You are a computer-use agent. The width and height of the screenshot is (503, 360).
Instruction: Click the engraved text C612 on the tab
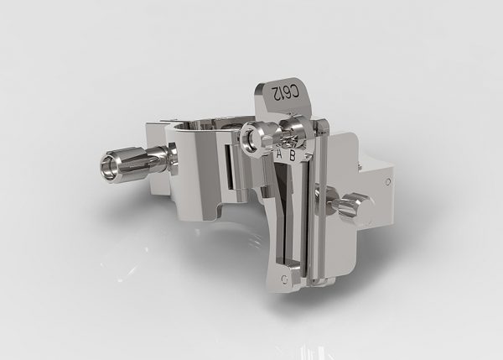point(285,92)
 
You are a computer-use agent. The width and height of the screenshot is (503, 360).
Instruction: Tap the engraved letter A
point(279,154)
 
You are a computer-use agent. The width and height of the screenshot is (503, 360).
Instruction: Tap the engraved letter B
point(293,155)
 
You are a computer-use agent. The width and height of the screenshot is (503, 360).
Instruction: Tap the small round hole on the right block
point(387,182)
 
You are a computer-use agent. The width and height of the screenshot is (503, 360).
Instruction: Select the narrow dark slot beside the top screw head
point(229,167)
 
